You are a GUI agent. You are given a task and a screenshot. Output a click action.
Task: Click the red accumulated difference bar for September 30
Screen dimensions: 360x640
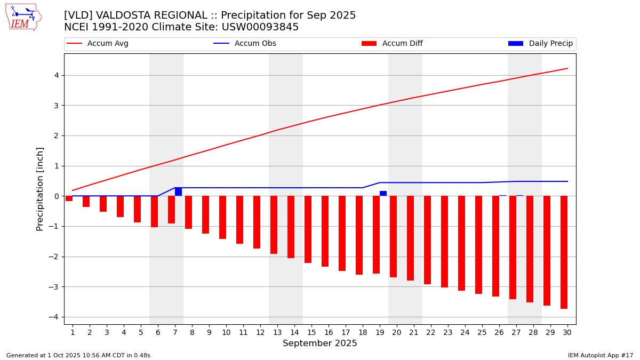[x=564, y=252]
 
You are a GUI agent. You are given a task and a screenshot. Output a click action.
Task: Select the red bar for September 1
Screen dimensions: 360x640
[x=69, y=198]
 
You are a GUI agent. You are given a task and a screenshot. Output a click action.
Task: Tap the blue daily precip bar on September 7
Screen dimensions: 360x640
[x=178, y=192]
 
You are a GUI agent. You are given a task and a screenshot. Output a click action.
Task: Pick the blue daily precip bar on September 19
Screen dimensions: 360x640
[x=383, y=194]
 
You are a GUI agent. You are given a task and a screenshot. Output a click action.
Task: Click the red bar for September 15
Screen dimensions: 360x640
[x=308, y=229]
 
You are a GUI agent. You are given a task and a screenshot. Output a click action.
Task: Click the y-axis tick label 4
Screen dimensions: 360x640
[x=55, y=75]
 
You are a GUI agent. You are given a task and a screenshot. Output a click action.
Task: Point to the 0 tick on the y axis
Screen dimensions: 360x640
[x=55, y=196]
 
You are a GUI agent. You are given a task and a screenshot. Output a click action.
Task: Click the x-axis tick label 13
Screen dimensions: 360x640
[x=277, y=332]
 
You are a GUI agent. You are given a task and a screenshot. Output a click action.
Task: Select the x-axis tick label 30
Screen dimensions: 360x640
[x=567, y=332]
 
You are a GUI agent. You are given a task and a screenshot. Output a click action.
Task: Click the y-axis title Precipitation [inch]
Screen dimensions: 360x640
[x=41, y=189]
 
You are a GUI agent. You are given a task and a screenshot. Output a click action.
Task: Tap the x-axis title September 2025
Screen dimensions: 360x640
[x=320, y=343]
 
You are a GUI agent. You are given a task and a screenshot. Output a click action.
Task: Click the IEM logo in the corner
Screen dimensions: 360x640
[x=23, y=17]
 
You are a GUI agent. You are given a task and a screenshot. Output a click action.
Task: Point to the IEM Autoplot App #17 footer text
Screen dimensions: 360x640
[x=600, y=355]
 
